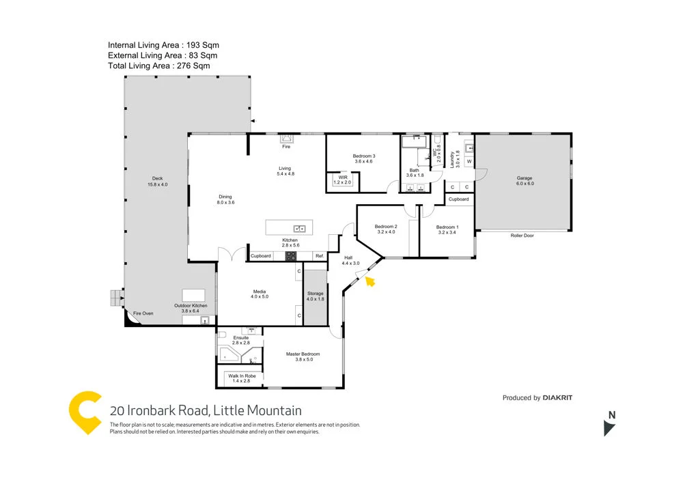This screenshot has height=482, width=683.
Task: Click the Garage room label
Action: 524,179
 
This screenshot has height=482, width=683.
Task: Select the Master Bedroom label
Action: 303,354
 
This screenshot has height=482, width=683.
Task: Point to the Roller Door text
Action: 521,236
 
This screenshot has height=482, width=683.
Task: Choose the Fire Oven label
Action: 143,313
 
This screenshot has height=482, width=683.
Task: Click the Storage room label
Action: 315,294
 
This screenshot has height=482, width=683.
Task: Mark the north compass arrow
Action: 609,428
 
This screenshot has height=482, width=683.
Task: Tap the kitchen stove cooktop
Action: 290,256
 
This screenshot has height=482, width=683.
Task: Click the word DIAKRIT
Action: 557,397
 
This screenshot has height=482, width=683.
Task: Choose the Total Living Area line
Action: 158,66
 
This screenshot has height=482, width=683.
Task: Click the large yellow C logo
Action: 86,412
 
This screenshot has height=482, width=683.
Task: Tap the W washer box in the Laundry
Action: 469,162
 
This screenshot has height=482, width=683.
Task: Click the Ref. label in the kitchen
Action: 319,256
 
